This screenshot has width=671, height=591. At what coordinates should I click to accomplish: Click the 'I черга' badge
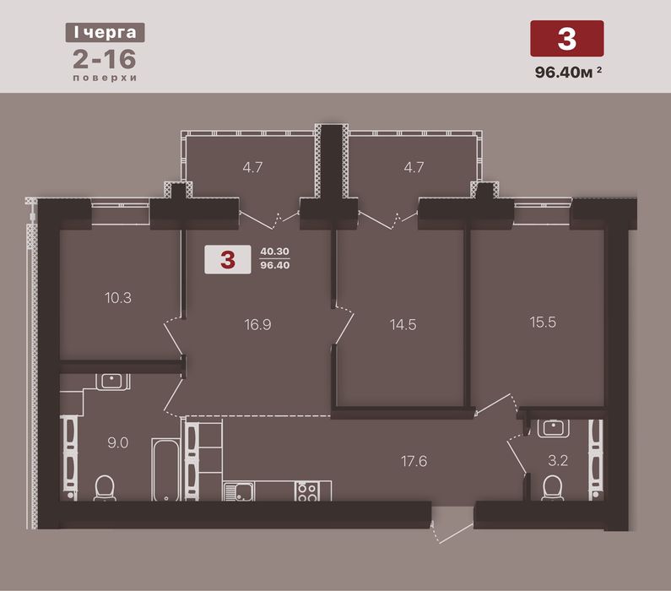point(105,33)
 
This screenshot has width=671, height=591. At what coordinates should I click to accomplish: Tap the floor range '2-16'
point(105,59)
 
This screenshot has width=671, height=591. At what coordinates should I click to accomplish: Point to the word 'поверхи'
point(105,78)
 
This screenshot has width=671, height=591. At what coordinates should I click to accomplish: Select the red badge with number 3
point(567,39)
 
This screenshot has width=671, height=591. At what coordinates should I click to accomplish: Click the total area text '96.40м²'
point(568,72)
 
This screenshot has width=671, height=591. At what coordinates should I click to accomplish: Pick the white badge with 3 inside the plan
point(228,259)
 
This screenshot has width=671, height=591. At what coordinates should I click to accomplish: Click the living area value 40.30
point(275,252)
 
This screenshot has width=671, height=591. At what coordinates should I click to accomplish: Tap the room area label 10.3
point(118,298)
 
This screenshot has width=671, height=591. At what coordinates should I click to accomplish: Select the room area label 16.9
point(257,325)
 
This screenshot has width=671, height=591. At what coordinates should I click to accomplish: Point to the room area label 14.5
point(403,325)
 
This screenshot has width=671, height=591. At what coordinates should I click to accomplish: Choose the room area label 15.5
point(543,323)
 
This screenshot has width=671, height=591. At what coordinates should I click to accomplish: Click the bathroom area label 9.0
point(117,443)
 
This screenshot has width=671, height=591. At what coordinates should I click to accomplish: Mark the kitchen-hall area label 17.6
point(414,461)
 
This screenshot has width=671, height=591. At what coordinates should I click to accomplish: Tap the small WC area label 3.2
point(558,461)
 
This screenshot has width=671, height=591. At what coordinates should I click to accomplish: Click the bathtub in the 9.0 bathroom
point(165,469)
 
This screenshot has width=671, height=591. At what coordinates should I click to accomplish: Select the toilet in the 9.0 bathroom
point(105,488)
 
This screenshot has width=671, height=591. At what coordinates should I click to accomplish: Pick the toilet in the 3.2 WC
point(552,488)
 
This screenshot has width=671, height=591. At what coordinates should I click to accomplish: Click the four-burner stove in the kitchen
point(307,491)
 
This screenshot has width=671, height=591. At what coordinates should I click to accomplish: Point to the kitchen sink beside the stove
point(238,491)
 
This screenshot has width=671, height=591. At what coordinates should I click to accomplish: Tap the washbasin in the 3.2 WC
point(554,428)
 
